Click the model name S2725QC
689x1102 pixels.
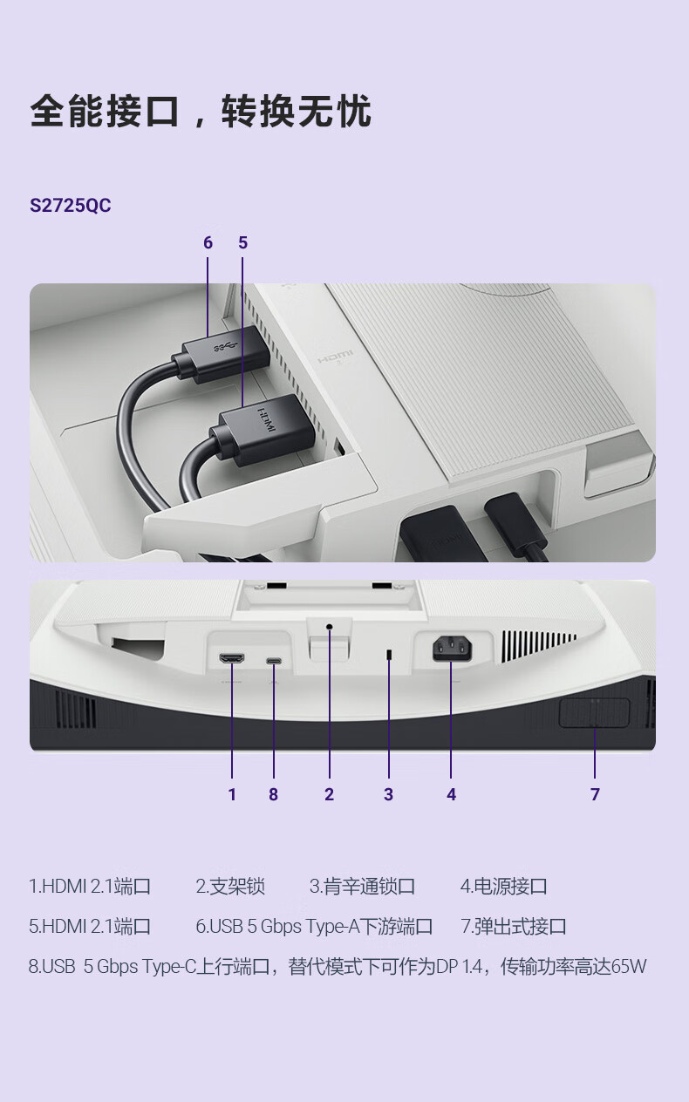71,205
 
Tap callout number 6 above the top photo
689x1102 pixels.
208,242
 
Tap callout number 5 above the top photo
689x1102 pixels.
243,242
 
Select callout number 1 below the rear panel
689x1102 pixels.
232,794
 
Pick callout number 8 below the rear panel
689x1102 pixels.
274,794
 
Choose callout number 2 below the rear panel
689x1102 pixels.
330,794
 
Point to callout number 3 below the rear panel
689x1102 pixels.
389,794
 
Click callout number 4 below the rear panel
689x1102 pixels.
451,794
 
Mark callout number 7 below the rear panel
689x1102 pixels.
595,794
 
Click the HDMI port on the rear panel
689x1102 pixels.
232,658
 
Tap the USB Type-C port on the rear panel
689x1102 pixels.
274,660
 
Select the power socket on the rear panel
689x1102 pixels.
452,649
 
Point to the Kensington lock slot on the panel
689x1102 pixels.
389,655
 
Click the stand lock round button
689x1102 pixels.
330,627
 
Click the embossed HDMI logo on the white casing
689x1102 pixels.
335,356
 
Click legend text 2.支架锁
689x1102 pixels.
230,887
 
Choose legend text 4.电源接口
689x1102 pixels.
503,887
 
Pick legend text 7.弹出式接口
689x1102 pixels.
514,927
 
